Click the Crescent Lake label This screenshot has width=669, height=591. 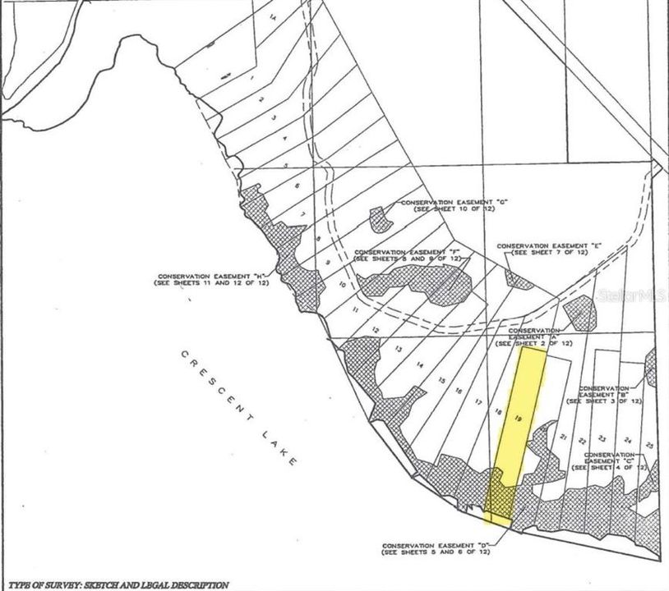(x=239, y=410)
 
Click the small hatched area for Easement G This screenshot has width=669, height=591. (x=380, y=218)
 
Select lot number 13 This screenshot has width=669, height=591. (x=398, y=350)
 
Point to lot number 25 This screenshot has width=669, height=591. (x=649, y=444)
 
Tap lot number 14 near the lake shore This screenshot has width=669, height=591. (x=419, y=364)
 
